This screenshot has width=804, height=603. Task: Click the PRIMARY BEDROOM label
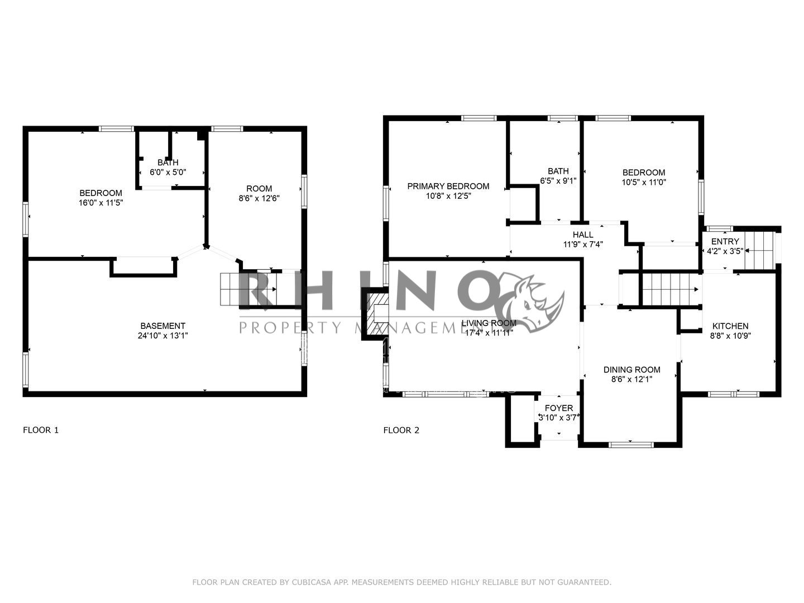click(x=448, y=186)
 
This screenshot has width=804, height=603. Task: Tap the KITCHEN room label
click(x=729, y=326)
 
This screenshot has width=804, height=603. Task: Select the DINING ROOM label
click(x=631, y=370)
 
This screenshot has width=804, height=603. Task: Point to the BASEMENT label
click(x=162, y=326)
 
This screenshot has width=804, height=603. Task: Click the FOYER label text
click(x=558, y=408)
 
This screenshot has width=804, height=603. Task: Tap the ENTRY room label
click(x=725, y=241)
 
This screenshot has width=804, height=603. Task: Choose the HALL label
click(x=583, y=234)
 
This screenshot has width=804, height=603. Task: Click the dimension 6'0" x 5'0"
click(x=167, y=173)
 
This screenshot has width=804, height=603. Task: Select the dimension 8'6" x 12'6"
click(x=259, y=198)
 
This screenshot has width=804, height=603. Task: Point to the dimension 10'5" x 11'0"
click(x=644, y=182)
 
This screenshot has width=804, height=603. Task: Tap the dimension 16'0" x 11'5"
click(x=100, y=203)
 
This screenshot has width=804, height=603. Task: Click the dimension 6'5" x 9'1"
click(x=558, y=181)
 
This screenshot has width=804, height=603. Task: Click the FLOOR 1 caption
click(x=40, y=430)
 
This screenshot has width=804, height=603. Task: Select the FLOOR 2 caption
click(x=401, y=430)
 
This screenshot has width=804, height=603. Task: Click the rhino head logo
click(x=530, y=301)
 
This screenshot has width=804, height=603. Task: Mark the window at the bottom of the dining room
click(x=631, y=444)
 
